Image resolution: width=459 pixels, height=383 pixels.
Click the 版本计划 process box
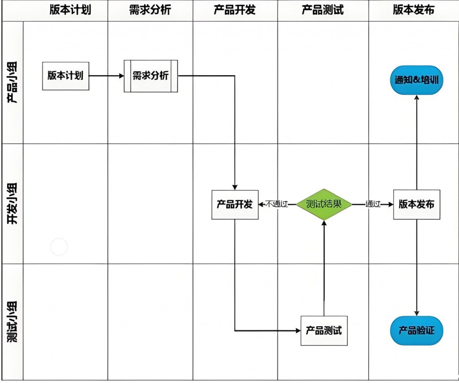pyautogui.click(x=65, y=76)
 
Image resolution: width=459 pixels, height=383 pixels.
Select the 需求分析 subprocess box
pyautogui.click(x=151, y=76)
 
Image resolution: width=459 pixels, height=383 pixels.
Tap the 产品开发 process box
pyautogui.click(x=235, y=204)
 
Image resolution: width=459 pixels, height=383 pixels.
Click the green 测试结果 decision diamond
pyautogui.click(x=324, y=204)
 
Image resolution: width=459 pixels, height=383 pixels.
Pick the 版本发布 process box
pyautogui.click(x=416, y=204)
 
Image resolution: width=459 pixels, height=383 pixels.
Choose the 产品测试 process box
pyautogui.click(x=324, y=331)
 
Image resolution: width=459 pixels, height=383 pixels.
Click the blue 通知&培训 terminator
pyautogui.click(x=416, y=81)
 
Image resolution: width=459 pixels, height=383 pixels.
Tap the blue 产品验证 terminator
pyautogui.click(x=416, y=331)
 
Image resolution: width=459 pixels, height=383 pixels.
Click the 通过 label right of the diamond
pyautogui.click(x=372, y=204)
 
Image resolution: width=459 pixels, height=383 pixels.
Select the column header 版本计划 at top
pyautogui.click(x=70, y=10)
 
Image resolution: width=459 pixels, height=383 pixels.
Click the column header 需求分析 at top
pyautogui.click(x=150, y=10)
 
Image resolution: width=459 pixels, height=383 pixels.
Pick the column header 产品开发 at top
pyautogui.click(x=235, y=10)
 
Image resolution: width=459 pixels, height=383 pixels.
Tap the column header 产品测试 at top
pyautogui.click(x=323, y=10)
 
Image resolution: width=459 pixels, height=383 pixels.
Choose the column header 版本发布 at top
pyautogui.click(x=413, y=10)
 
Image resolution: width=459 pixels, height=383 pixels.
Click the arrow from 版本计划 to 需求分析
pyautogui.click(x=107, y=76)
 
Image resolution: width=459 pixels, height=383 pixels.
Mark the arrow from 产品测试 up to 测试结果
pyautogui.click(x=324, y=268)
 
